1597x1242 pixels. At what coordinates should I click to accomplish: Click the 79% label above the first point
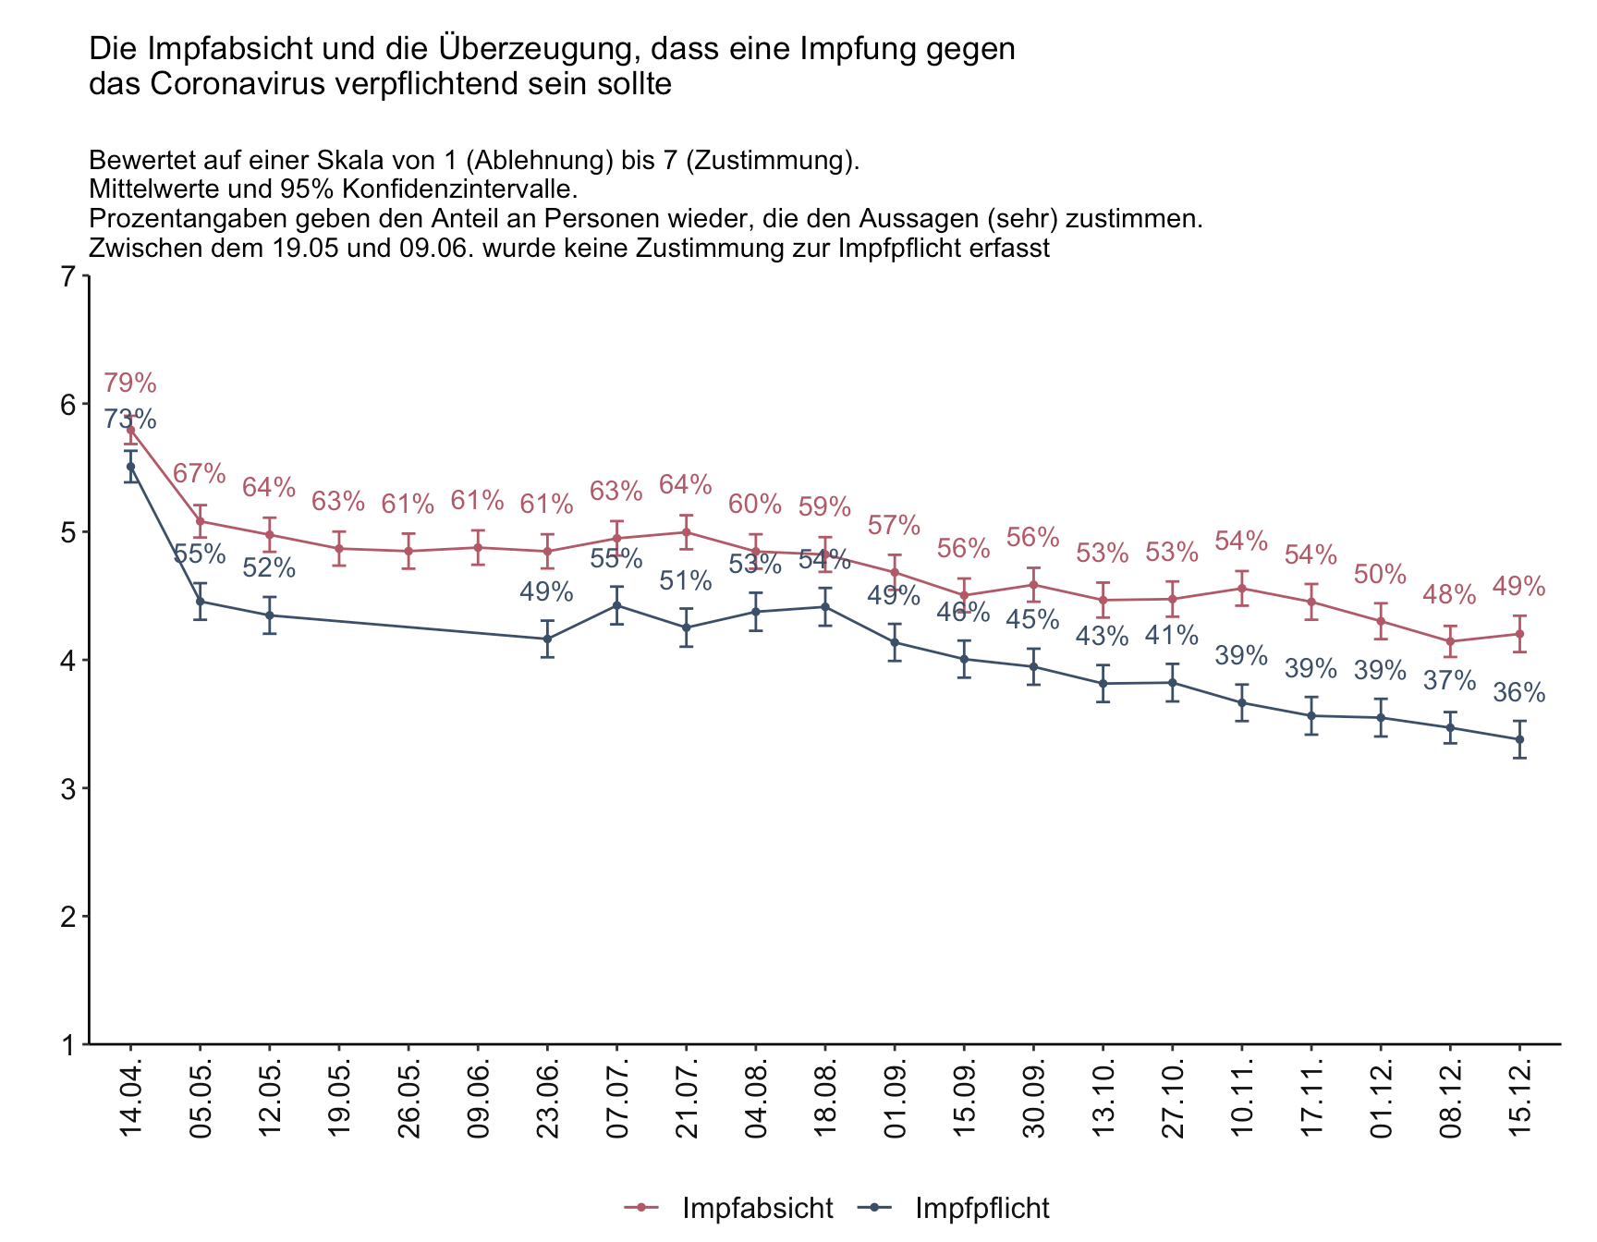tap(129, 383)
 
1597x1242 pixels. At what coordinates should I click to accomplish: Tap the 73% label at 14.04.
tap(129, 420)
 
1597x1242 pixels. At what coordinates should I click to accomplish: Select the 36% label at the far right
tap(1519, 693)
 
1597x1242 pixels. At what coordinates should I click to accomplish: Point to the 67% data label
tap(200, 474)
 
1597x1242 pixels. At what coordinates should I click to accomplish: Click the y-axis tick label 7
tap(67, 276)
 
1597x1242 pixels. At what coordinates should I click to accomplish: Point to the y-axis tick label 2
tap(67, 917)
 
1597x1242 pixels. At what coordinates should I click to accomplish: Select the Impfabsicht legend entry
tap(730, 1208)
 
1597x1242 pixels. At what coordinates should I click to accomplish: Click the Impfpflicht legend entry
tap(961, 1208)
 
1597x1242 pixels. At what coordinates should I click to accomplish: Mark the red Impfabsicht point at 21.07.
tap(686, 532)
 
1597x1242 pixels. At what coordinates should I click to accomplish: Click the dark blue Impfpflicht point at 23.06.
tap(547, 639)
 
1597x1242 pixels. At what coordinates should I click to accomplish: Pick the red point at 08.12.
tap(1450, 641)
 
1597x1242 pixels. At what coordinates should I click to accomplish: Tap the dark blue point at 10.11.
tap(1242, 702)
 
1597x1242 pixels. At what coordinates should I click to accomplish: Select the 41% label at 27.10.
tap(1172, 636)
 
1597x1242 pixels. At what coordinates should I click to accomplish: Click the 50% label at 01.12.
tap(1380, 574)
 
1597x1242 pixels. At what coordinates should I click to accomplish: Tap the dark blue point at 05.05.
tap(200, 602)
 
